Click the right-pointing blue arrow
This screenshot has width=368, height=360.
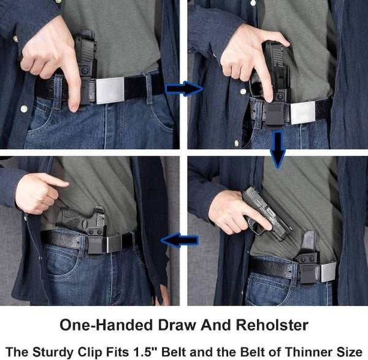[184, 89]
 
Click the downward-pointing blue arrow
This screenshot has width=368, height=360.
[278, 151]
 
